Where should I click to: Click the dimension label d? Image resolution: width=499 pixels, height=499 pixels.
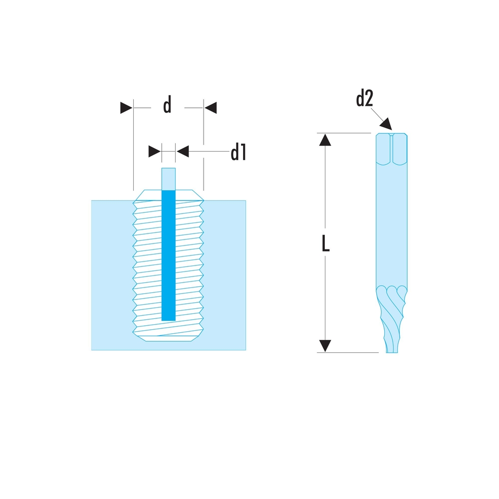click(x=167, y=104)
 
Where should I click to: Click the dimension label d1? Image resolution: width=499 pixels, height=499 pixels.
click(x=238, y=152)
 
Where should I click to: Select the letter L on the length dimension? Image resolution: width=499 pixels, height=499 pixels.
click(x=325, y=244)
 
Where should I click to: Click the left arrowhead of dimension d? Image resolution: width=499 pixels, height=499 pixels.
click(x=126, y=108)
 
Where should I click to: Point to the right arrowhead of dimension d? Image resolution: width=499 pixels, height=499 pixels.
click(x=211, y=108)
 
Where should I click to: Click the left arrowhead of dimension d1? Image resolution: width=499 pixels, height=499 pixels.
click(x=155, y=152)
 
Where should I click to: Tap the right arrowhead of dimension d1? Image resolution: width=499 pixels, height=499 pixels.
click(x=183, y=152)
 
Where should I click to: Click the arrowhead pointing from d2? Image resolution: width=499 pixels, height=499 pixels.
click(x=386, y=124)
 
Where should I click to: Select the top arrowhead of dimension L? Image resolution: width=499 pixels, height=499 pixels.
click(x=325, y=140)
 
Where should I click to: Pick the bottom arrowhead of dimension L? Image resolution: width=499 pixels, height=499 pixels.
click(x=325, y=346)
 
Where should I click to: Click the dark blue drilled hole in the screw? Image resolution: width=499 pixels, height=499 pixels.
click(x=169, y=255)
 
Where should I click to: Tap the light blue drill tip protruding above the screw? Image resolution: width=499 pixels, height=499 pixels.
click(x=169, y=179)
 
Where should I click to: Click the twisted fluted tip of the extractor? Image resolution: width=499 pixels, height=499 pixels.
click(x=392, y=319)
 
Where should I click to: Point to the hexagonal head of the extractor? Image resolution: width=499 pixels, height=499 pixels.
click(x=392, y=149)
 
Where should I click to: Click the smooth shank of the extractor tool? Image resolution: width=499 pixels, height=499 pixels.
click(x=392, y=226)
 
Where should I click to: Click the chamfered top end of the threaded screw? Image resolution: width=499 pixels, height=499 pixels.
click(x=168, y=195)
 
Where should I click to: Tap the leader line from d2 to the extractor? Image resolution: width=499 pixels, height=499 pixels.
click(x=377, y=114)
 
